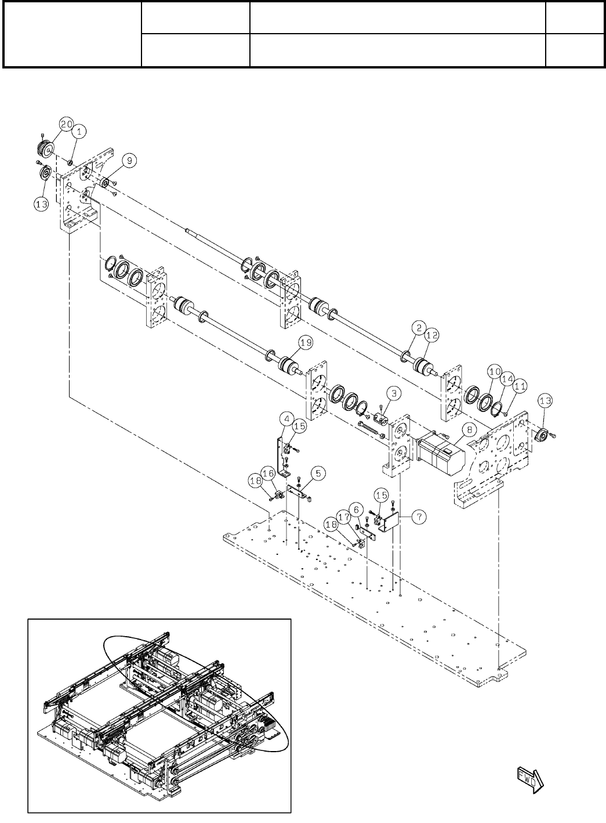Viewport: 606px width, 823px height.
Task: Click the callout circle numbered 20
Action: [x=66, y=125]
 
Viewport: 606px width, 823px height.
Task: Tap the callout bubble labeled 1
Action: [x=79, y=132]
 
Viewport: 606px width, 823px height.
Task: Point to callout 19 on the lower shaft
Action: [x=306, y=343]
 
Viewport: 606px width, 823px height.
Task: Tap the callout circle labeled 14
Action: [x=507, y=377]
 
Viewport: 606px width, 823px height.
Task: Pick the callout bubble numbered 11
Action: [x=520, y=384]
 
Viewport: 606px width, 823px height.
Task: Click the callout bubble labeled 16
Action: [x=269, y=474]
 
